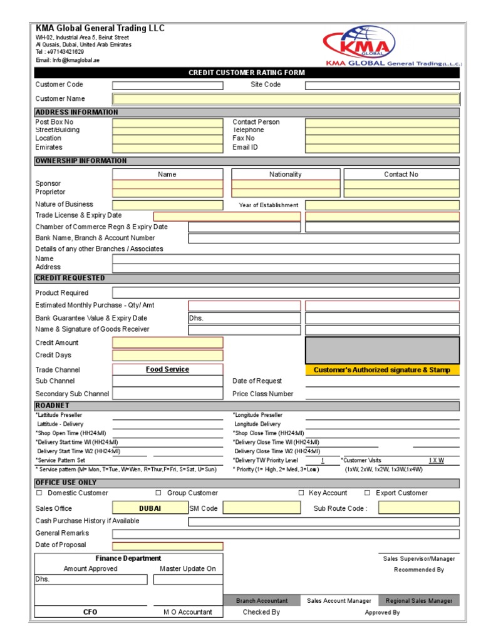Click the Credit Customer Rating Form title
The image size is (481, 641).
pyautogui.click(x=247, y=73)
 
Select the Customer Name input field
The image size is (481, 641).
pyautogui.click(x=286, y=99)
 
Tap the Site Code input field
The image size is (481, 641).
pyautogui.click(x=382, y=86)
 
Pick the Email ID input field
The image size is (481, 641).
pyautogui.click(x=382, y=148)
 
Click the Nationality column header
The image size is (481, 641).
pyautogui.click(x=286, y=175)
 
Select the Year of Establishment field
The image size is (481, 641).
pyautogui.click(x=382, y=205)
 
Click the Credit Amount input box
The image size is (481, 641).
pyautogui.click(x=167, y=343)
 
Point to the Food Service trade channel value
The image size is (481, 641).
pyautogui.click(x=167, y=370)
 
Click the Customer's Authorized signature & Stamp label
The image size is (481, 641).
pyautogui.click(x=382, y=370)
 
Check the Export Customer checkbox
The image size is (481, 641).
pyautogui.click(x=368, y=493)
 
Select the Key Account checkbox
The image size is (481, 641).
pyautogui.click(x=301, y=493)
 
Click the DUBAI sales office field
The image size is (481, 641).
pyautogui.click(x=150, y=508)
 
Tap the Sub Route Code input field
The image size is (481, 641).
pyautogui.click(x=418, y=508)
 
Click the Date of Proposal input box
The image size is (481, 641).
pyautogui.click(x=167, y=546)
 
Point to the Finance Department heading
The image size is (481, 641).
pyautogui.click(x=128, y=558)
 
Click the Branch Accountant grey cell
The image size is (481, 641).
pyautogui.click(x=262, y=601)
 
